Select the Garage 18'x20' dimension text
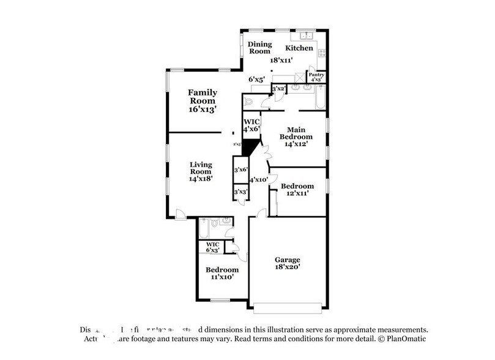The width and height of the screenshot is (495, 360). pyautogui.click(x=286, y=267)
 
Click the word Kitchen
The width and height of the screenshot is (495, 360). pyautogui.click(x=299, y=48)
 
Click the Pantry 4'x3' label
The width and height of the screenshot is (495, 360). pyautogui.click(x=316, y=77)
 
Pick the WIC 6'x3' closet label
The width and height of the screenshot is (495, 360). pyautogui.click(x=212, y=247)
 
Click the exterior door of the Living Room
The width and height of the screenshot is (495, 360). pyautogui.click(x=179, y=214)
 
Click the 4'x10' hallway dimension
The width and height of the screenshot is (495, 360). pyautogui.click(x=258, y=179)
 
